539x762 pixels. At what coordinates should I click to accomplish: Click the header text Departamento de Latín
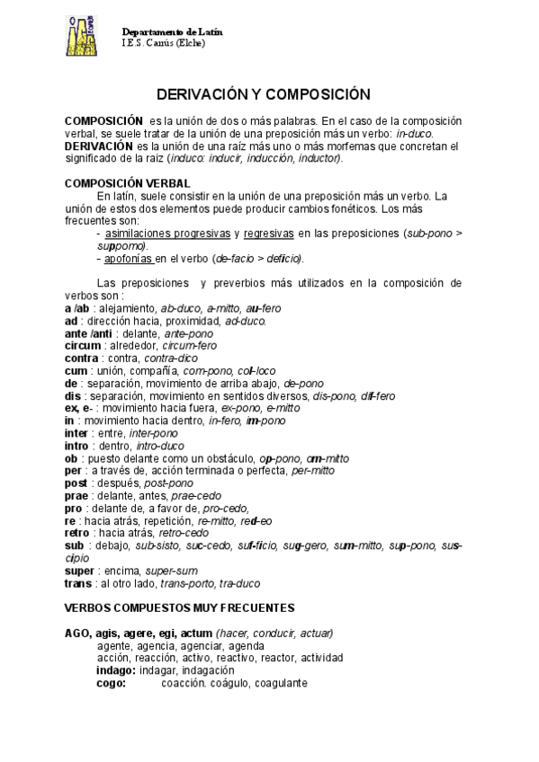172,31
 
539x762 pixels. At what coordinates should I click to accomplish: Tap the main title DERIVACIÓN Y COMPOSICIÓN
264,93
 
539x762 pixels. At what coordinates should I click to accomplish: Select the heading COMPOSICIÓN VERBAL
128,182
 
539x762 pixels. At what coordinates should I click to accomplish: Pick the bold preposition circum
83,345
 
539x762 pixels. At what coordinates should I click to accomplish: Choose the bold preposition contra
82,358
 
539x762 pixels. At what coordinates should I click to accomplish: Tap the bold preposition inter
78,433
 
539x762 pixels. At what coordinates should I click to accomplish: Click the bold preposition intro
78,446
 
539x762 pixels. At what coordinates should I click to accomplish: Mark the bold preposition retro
77,533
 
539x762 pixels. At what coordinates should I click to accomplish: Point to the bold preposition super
80,571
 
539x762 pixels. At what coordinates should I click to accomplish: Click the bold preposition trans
78,583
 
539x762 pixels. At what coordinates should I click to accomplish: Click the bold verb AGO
78,633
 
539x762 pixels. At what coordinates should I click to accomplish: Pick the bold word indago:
116,670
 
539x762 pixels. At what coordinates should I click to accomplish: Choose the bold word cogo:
112,683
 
